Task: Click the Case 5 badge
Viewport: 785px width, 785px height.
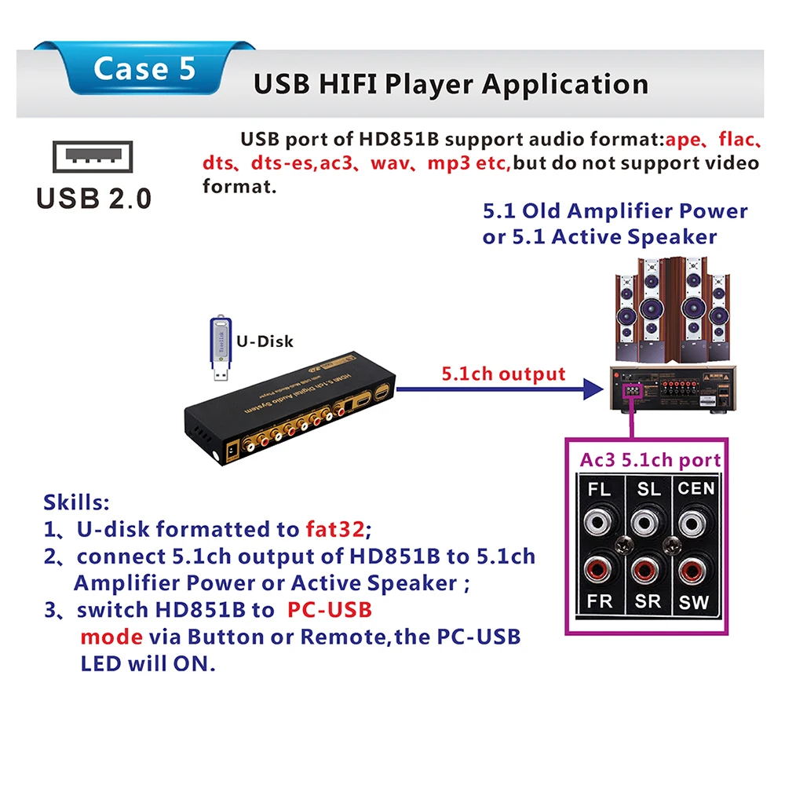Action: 144,69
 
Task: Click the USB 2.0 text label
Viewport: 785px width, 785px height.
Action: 94,198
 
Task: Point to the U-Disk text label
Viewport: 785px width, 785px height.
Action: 265,341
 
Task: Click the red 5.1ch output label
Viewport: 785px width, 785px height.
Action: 503,373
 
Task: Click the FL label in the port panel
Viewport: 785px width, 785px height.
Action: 599,490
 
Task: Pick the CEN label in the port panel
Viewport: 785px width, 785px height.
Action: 696,489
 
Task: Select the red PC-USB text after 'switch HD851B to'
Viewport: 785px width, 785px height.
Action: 329,610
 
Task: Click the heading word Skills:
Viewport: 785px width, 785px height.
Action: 76,502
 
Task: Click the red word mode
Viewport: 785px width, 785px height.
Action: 111,636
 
